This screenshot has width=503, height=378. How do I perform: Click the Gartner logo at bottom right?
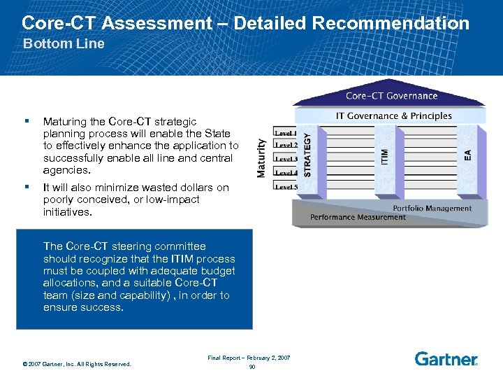tap(446, 359)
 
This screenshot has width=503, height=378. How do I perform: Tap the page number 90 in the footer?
tap(251, 366)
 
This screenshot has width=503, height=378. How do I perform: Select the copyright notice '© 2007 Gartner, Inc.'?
tap(76, 363)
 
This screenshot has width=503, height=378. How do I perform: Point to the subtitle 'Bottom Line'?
tap(64, 43)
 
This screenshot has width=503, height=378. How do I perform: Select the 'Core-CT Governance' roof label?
tap(391, 96)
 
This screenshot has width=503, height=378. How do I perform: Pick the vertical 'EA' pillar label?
tap(467, 155)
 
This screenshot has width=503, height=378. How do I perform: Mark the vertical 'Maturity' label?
tap(262, 157)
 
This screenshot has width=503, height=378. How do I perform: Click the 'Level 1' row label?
tap(285, 132)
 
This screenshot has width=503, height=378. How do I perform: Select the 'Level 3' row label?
tap(285, 159)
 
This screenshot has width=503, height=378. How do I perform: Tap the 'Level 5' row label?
tap(285, 187)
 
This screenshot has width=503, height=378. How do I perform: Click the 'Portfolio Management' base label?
tap(432, 208)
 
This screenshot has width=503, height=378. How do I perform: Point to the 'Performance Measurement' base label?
tap(358, 217)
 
